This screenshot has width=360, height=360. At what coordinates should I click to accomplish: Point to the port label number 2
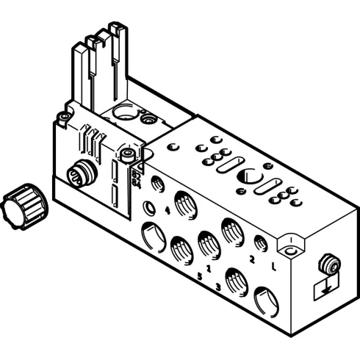252,259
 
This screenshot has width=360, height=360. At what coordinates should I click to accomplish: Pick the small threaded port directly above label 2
259,243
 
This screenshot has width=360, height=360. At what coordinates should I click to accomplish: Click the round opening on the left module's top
125,115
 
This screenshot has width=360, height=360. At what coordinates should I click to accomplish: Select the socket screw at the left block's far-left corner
64,117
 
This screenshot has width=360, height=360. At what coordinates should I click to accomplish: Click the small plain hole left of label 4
150,207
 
